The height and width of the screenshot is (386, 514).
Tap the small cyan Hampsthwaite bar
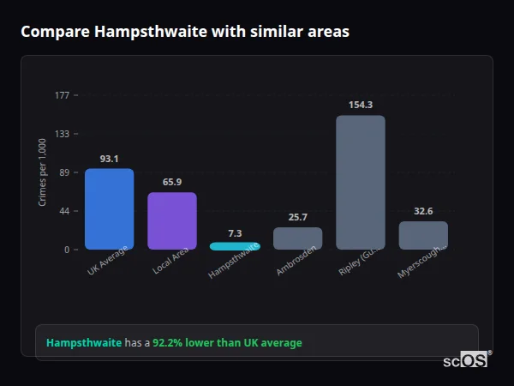pos(235,246)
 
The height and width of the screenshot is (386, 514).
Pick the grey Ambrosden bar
pos(297,238)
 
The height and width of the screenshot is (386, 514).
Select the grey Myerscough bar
pos(423,235)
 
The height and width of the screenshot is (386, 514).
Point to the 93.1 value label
pos(109,159)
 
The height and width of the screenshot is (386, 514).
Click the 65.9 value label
pos(172,182)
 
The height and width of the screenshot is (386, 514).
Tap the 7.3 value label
pos(235,233)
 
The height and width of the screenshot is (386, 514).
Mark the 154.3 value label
pos(361,105)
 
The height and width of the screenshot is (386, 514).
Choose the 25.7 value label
pos(297,217)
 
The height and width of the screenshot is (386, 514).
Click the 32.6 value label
pos(423,211)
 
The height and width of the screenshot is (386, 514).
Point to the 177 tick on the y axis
pos(62,95)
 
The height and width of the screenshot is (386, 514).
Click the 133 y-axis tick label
pos(62,134)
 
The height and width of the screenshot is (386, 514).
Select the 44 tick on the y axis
pos(64,211)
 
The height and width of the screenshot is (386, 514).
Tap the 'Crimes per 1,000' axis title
pos(43,172)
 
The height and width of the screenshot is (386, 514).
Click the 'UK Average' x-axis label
pos(108,262)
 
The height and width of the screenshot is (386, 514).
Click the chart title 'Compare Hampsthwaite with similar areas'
pos(185,32)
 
